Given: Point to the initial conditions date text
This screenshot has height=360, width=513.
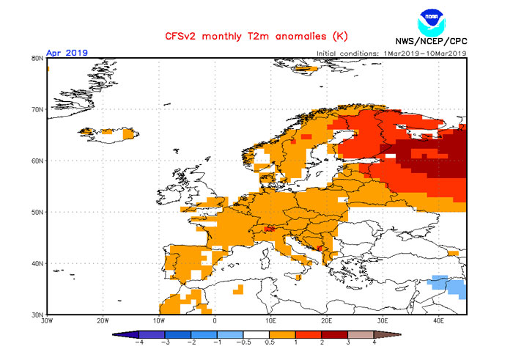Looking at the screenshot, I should pyautogui.click(x=391, y=53).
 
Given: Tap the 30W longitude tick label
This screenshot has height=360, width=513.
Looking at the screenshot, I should pyautogui.click(x=47, y=321).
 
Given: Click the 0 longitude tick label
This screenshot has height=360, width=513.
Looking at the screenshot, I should pyautogui.click(x=215, y=321).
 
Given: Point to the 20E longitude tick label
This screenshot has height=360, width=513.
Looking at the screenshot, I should pyautogui.click(x=326, y=321).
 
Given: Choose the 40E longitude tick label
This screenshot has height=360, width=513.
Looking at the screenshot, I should pyautogui.click(x=438, y=321).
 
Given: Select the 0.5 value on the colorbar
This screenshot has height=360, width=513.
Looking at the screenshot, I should pyautogui.click(x=270, y=342).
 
